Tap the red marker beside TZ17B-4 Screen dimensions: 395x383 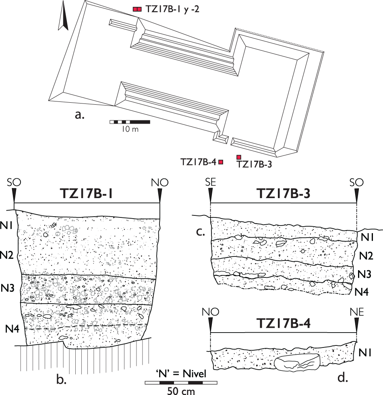221,162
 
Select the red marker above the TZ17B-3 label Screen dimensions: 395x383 238,157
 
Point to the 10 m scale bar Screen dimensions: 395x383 130,121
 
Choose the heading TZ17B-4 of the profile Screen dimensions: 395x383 284,325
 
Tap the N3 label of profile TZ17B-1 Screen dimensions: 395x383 8,288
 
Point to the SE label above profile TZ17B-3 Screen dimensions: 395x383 210,183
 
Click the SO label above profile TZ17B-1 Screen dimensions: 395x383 14,183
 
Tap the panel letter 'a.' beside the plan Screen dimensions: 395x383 80,115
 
